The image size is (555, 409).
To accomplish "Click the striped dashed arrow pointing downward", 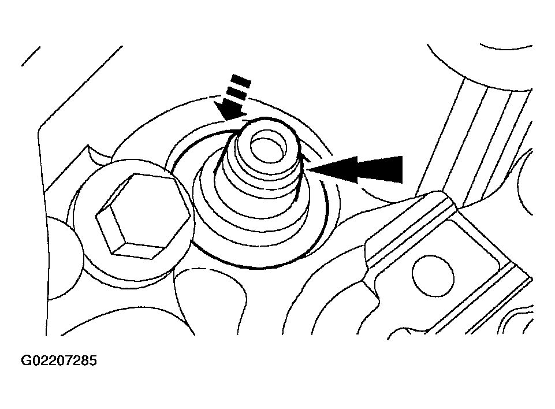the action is point(233,98).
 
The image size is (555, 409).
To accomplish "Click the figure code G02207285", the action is point(59,360).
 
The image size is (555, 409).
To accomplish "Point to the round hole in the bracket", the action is point(433,276).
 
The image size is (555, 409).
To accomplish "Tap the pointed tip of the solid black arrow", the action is point(307,170).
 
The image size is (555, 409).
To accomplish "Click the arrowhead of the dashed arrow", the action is point(230,111).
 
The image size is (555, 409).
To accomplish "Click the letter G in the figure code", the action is point(26,360).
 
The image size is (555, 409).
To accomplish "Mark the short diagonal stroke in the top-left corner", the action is point(31,56).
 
